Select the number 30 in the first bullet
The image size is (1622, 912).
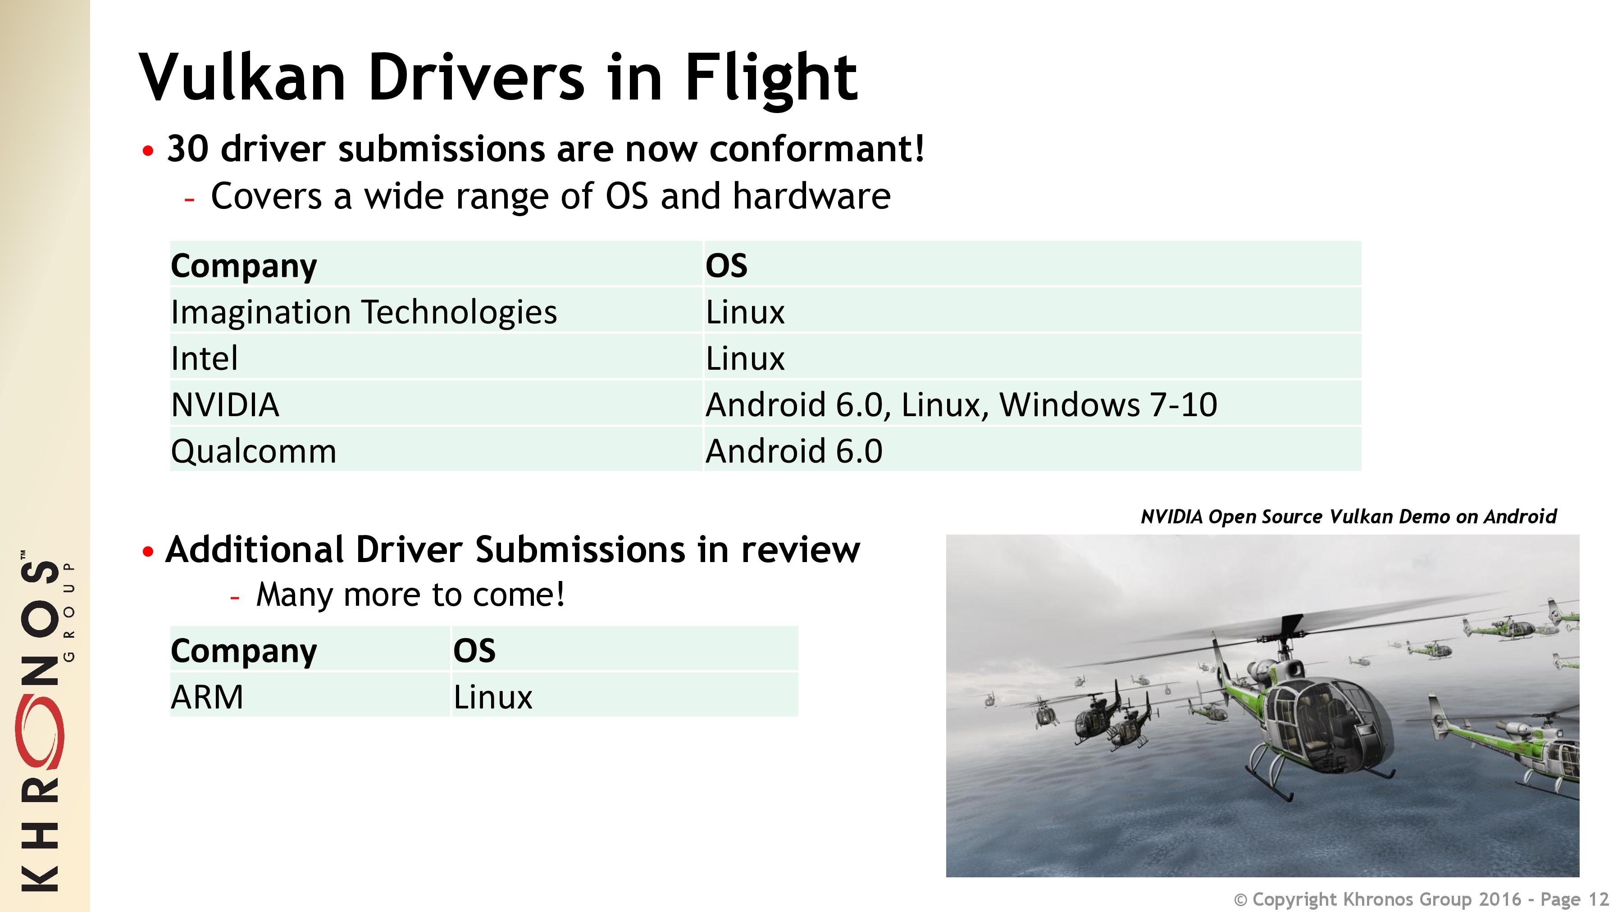pos(187,149)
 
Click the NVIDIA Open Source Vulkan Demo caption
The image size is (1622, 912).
pos(1348,517)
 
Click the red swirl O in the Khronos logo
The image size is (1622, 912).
pos(39,733)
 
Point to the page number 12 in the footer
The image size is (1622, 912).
pos(1599,899)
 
